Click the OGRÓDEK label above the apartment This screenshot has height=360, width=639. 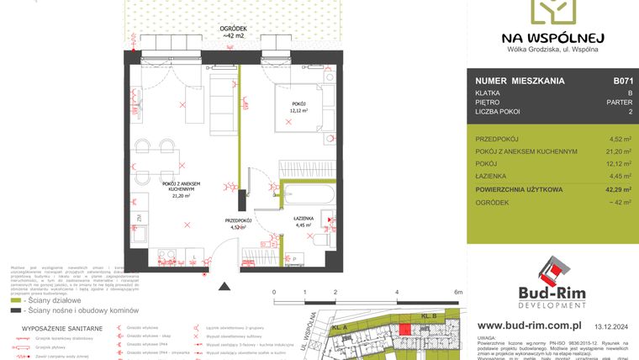tap(235, 28)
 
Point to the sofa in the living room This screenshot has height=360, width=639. tap(223, 105)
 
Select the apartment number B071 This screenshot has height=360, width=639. tap(622, 82)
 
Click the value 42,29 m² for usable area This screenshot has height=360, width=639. tap(619, 190)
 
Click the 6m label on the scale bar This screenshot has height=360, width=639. tap(458, 292)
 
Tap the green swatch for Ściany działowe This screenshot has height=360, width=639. tap(16, 299)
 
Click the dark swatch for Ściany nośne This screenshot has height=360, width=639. tap(16, 310)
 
